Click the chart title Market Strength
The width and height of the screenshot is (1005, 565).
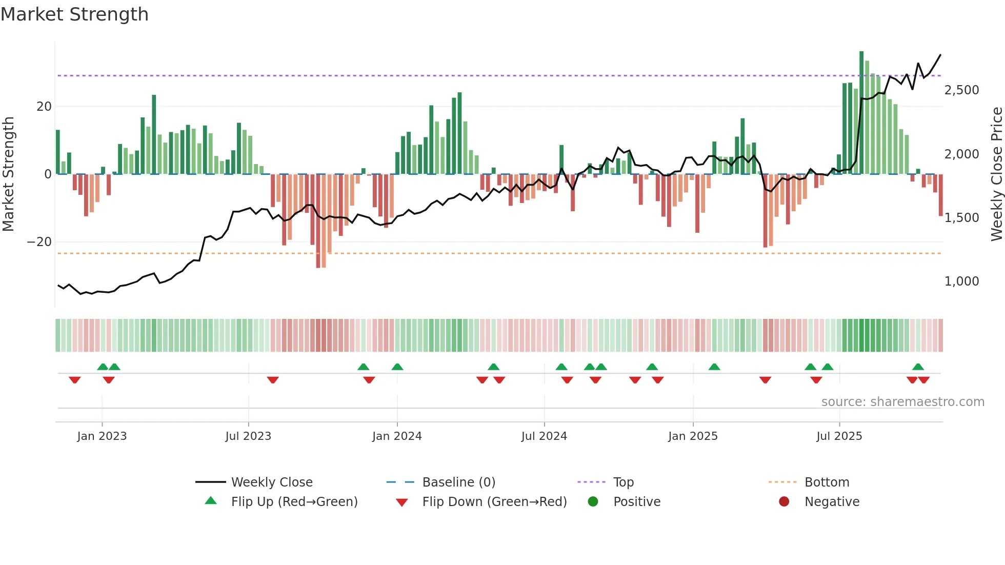[x=74, y=14]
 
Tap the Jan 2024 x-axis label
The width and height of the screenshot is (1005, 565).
[x=397, y=436]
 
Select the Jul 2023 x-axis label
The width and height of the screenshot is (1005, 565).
[x=248, y=436]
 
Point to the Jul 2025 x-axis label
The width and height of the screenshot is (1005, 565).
[x=839, y=436]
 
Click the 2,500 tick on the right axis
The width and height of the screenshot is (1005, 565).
[x=961, y=90]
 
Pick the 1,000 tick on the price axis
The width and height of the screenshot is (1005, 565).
[x=961, y=281]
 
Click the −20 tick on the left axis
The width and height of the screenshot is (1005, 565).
[x=39, y=242]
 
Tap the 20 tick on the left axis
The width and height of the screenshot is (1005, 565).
[x=44, y=107]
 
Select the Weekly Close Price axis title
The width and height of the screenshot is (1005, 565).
[x=996, y=174]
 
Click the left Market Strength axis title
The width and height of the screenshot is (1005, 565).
[x=9, y=174]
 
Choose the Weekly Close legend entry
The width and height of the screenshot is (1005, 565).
[x=271, y=482]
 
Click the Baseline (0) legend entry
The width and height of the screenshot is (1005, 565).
[x=458, y=482]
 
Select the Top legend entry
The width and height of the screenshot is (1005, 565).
[x=623, y=482]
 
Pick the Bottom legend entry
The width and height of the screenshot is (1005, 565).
[x=827, y=482]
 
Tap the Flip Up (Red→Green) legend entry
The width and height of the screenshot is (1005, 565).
[x=294, y=502]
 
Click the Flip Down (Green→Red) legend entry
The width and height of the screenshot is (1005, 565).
[x=494, y=502]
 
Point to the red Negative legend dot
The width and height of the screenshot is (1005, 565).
[x=784, y=502]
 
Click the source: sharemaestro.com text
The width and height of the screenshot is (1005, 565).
[x=902, y=402]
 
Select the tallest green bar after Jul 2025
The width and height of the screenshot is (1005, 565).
[x=861, y=113]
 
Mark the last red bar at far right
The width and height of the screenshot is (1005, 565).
[x=940, y=195]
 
